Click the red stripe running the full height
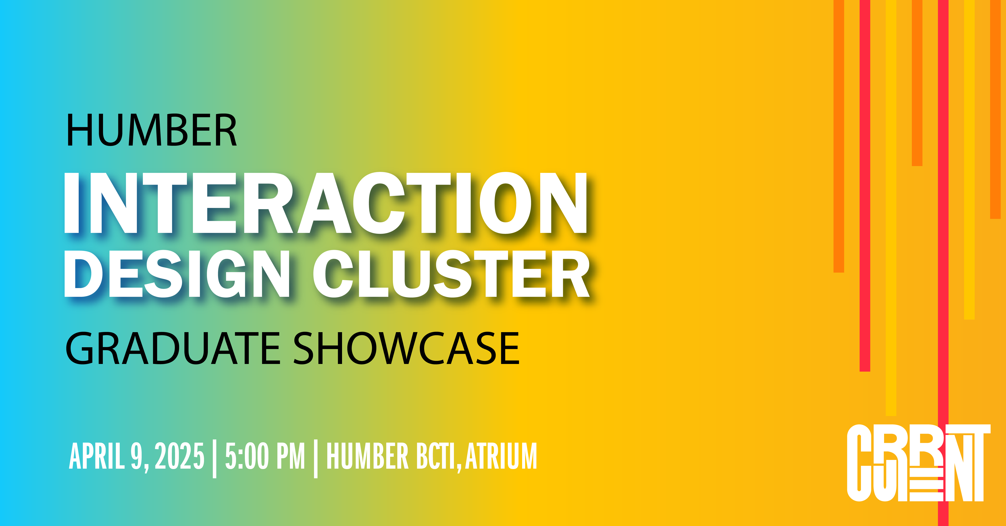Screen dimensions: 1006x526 pos(943,263)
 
